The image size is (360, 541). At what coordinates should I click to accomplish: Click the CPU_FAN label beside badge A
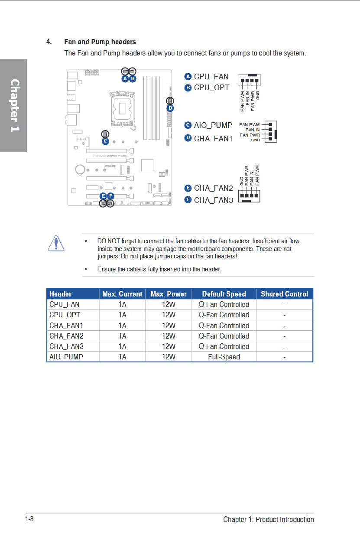pyautogui.click(x=211, y=77)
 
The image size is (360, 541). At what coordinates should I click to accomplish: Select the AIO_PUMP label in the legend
pyautogui.click(x=213, y=125)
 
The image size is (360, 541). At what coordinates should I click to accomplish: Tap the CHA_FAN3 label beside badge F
pyautogui.click(x=213, y=200)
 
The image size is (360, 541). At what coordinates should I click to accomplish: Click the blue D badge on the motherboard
pyautogui.click(x=170, y=108)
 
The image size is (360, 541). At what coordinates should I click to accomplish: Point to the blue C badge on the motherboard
pyautogui.click(x=105, y=141)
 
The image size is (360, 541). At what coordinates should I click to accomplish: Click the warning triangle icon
pyautogui.click(x=56, y=243)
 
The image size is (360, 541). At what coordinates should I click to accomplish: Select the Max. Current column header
pyautogui.click(x=122, y=294)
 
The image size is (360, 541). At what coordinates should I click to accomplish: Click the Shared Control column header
pyautogui.click(x=284, y=294)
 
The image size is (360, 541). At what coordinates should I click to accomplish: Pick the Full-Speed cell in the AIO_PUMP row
pyautogui.click(x=224, y=357)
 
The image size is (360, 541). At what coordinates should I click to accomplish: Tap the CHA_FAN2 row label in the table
pyautogui.click(x=66, y=336)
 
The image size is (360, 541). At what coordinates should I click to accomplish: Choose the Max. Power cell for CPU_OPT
pyautogui.click(x=169, y=315)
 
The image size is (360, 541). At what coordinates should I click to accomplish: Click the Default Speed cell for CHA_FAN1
pyautogui.click(x=224, y=326)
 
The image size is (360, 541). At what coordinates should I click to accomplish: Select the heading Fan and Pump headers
pyautogui.click(x=100, y=42)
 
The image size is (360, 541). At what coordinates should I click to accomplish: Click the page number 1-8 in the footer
pyautogui.click(x=29, y=519)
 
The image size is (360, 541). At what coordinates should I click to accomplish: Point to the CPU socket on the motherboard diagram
pyautogui.click(x=122, y=107)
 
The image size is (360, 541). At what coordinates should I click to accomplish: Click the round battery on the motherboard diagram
pyautogui.click(x=81, y=169)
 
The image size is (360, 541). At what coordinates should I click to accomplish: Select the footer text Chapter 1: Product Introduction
pyautogui.click(x=269, y=519)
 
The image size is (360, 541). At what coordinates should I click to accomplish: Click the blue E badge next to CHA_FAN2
pyautogui.click(x=188, y=188)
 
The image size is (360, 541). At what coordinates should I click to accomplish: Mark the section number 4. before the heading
pyautogui.click(x=49, y=42)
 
